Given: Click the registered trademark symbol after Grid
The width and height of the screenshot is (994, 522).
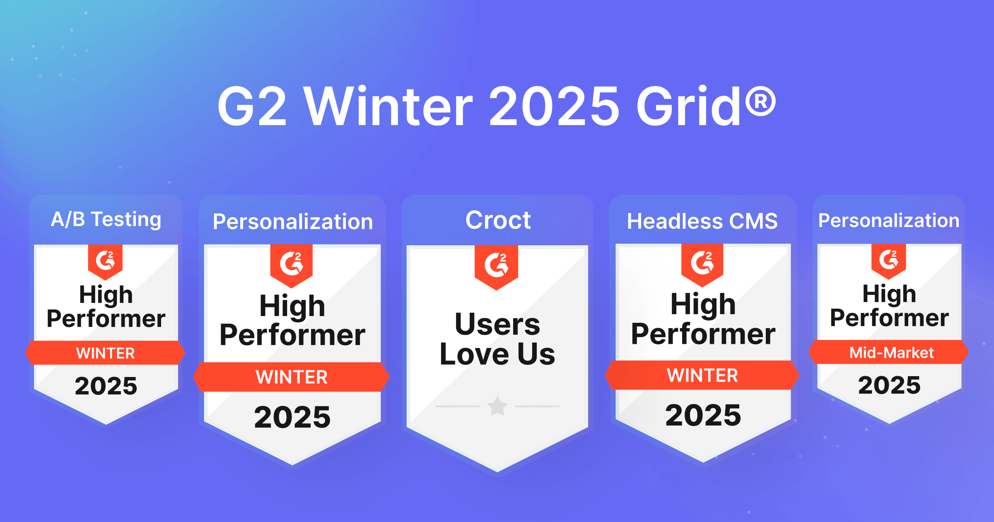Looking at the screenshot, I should [x=760, y=101].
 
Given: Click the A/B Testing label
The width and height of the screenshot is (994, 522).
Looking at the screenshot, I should [x=106, y=219].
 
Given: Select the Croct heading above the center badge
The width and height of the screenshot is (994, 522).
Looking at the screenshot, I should [x=498, y=220].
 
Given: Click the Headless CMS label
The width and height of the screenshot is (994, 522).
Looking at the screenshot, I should [x=702, y=221].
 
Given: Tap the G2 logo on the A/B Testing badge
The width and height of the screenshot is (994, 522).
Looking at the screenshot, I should [x=105, y=261].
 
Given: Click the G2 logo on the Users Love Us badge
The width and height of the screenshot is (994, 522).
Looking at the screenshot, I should [x=496, y=265].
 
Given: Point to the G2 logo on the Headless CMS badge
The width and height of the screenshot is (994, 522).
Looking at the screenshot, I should [x=702, y=263].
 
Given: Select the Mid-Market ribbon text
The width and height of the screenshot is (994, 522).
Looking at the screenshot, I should [x=891, y=353].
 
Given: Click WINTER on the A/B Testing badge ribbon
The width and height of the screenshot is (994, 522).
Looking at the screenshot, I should [x=106, y=353].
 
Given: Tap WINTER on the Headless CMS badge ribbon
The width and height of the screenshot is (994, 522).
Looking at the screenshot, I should [x=702, y=376].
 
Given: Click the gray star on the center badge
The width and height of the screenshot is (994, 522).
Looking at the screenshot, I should [x=497, y=406].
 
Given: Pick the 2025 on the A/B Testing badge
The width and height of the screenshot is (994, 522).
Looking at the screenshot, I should [x=106, y=386].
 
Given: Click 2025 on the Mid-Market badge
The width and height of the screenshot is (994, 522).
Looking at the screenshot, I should [x=889, y=385].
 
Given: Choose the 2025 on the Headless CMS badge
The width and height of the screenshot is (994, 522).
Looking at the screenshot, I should [x=703, y=416].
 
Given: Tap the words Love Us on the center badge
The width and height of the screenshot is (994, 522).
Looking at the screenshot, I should [x=497, y=355].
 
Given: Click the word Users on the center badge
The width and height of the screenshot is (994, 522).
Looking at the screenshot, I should [x=497, y=324].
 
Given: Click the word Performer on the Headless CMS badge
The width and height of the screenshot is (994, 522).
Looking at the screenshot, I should [x=703, y=334].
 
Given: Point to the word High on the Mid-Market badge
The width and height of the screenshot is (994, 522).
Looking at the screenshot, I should [x=889, y=294].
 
